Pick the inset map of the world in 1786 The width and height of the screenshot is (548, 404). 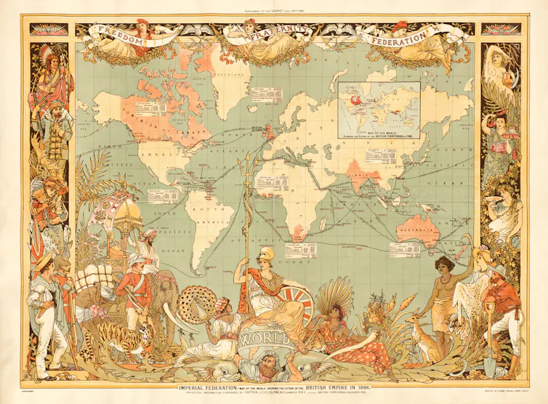379,109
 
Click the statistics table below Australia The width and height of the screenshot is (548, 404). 404,250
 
